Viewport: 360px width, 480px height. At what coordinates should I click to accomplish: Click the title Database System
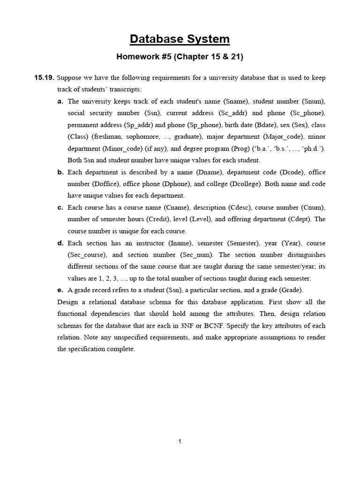pyautogui.click(x=180, y=39)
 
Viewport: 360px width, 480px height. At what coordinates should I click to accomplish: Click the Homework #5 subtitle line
pyautogui.click(x=180, y=57)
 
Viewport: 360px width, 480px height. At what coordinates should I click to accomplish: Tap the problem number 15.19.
pyautogui.click(x=44, y=77)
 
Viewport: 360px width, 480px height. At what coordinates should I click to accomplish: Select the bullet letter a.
pyautogui.click(x=60, y=101)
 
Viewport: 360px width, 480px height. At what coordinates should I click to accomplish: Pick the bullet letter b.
pyautogui.click(x=60, y=172)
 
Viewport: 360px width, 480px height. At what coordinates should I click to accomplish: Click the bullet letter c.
pyautogui.click(x=60, y=207)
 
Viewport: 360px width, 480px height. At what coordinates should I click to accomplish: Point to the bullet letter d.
pyautogui.click(x=60, y=243)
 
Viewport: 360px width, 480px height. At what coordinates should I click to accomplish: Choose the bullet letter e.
pyautogui.click(x=60, y=290)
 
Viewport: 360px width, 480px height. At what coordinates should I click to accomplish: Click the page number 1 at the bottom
pyautogui.click(x=180, y=441)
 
